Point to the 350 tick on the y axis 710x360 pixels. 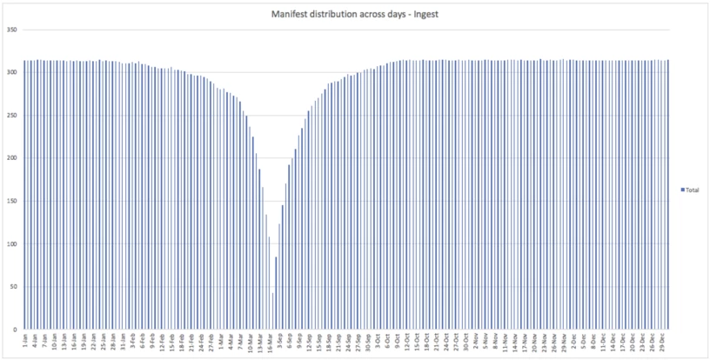tap(12, 30)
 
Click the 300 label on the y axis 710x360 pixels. tap(12, 72)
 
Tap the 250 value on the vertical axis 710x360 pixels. tap(12, 115)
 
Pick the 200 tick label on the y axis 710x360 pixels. tap(12, 158)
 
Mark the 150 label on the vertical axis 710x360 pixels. tap(12, 201)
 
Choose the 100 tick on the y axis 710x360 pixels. tap(12, 243)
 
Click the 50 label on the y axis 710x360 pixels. tap(14, 287)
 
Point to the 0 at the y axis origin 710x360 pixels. tap(16, 330)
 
